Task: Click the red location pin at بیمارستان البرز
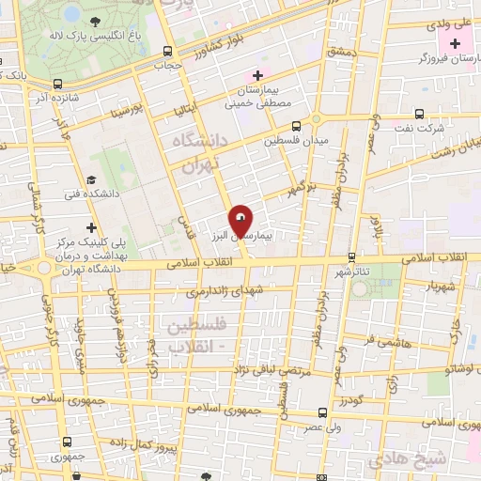241,222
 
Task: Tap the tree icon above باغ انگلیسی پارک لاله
99,21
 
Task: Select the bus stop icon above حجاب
167,53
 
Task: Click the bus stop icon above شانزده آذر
59,83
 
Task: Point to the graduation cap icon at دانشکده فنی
91,180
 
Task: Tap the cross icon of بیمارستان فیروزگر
455,44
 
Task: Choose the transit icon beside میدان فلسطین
297,126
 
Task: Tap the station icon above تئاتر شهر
351,256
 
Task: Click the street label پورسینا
128,112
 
